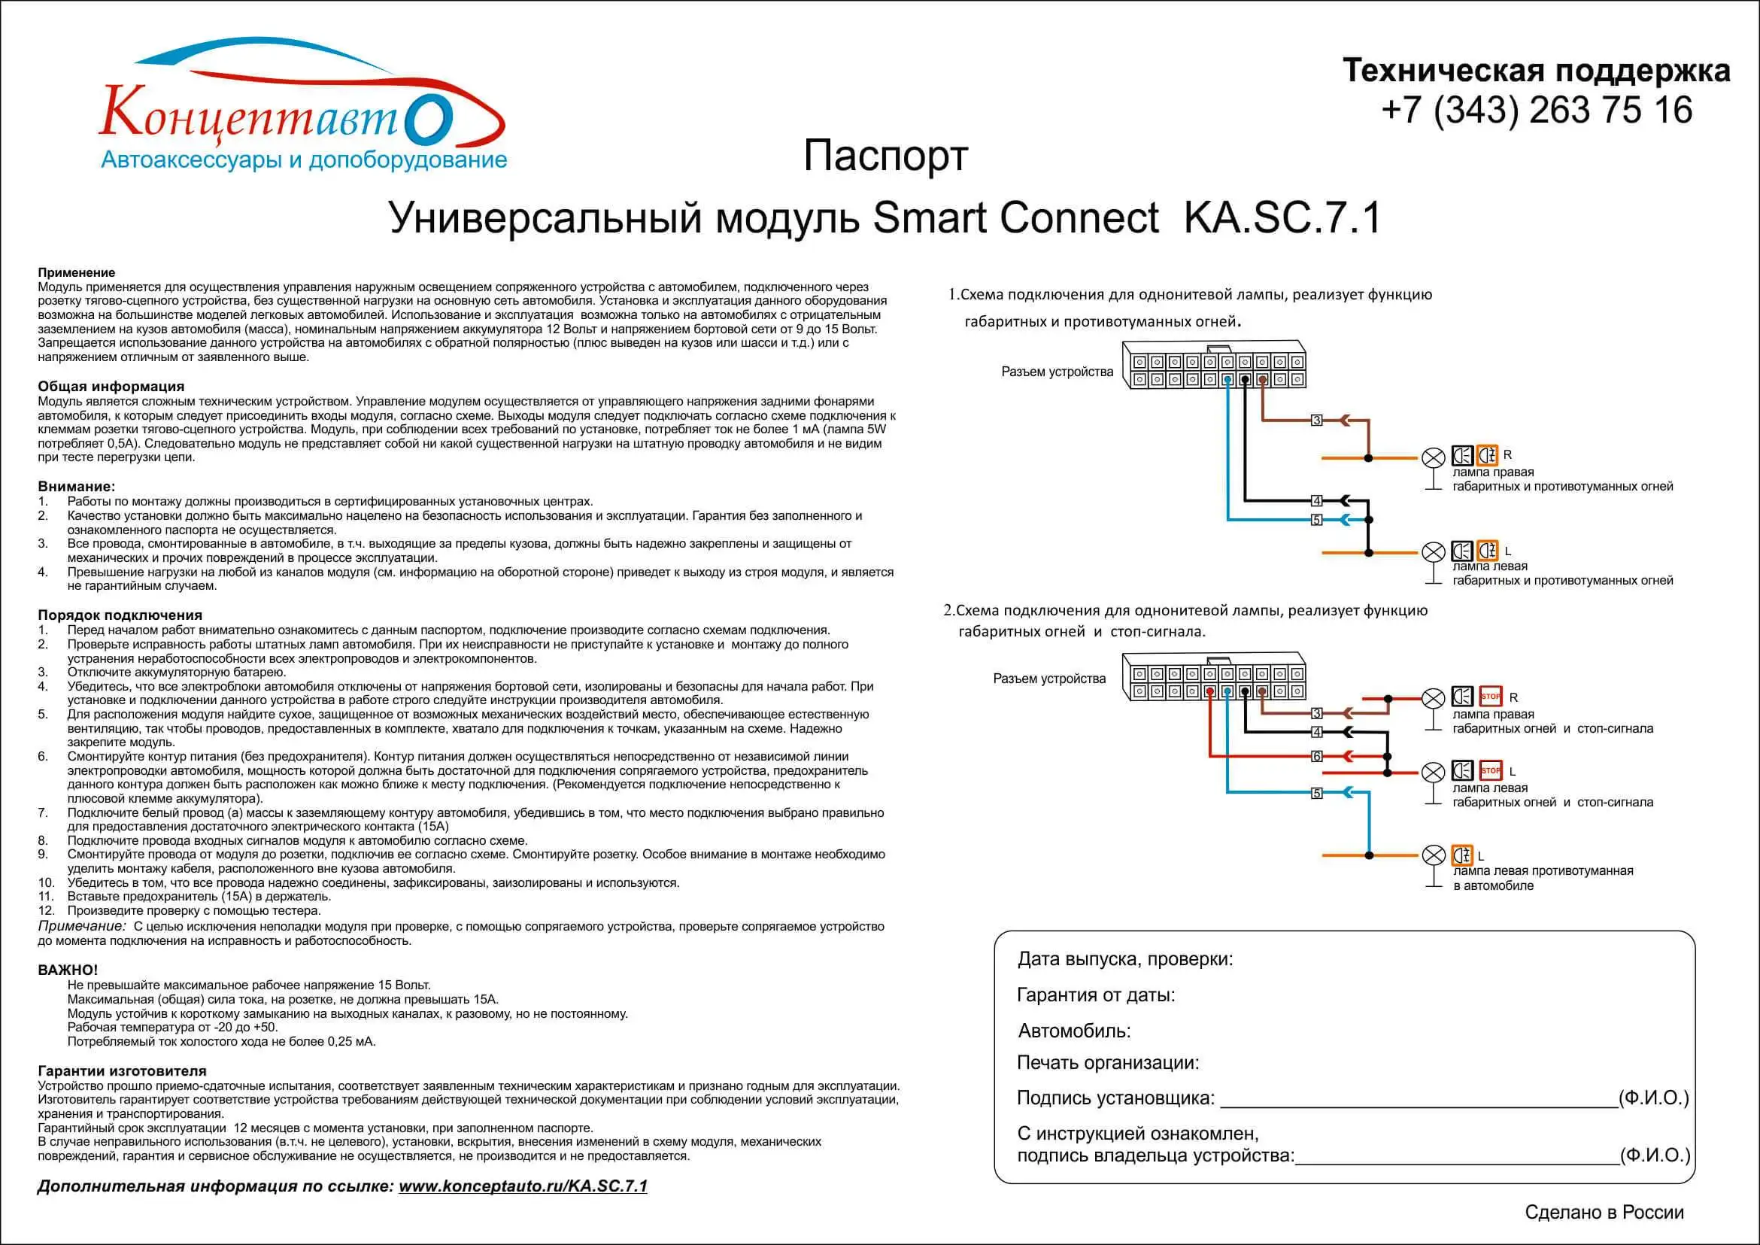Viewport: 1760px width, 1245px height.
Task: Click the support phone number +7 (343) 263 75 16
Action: coord(1536,111)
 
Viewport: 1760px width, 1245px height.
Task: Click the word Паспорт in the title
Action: coord(885,156)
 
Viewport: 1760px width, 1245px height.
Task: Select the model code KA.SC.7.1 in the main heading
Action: coord(1282,217)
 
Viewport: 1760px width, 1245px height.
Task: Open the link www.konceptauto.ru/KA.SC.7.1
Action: coord(523,1186)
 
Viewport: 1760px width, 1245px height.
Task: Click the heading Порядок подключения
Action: coord(120,615)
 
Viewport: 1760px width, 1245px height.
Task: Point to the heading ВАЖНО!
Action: coord(68,970)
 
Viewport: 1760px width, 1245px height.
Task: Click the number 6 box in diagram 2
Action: coord(1317,756)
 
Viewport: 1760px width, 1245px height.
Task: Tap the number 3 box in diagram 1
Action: coord(1317,420)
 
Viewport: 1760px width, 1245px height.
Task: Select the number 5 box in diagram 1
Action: coord(1317,520)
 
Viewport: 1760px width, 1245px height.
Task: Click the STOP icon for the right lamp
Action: coord(1490,696)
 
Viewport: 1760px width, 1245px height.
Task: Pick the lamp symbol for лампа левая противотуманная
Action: coord(1433,855)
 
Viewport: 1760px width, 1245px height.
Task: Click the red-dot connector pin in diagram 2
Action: coord(1209,691)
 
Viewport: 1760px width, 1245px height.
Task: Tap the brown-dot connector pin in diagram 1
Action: coord(1262,379)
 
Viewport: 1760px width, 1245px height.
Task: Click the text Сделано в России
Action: coord(1604,1212)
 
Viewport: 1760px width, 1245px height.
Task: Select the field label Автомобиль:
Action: coord(1074,1031)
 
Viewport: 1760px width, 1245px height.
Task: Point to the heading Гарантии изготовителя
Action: coord(122,1071)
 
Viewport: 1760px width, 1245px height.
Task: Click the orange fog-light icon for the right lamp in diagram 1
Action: coord(1487,455)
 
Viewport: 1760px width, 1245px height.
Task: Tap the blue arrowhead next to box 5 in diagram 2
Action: coord(1346,793)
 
